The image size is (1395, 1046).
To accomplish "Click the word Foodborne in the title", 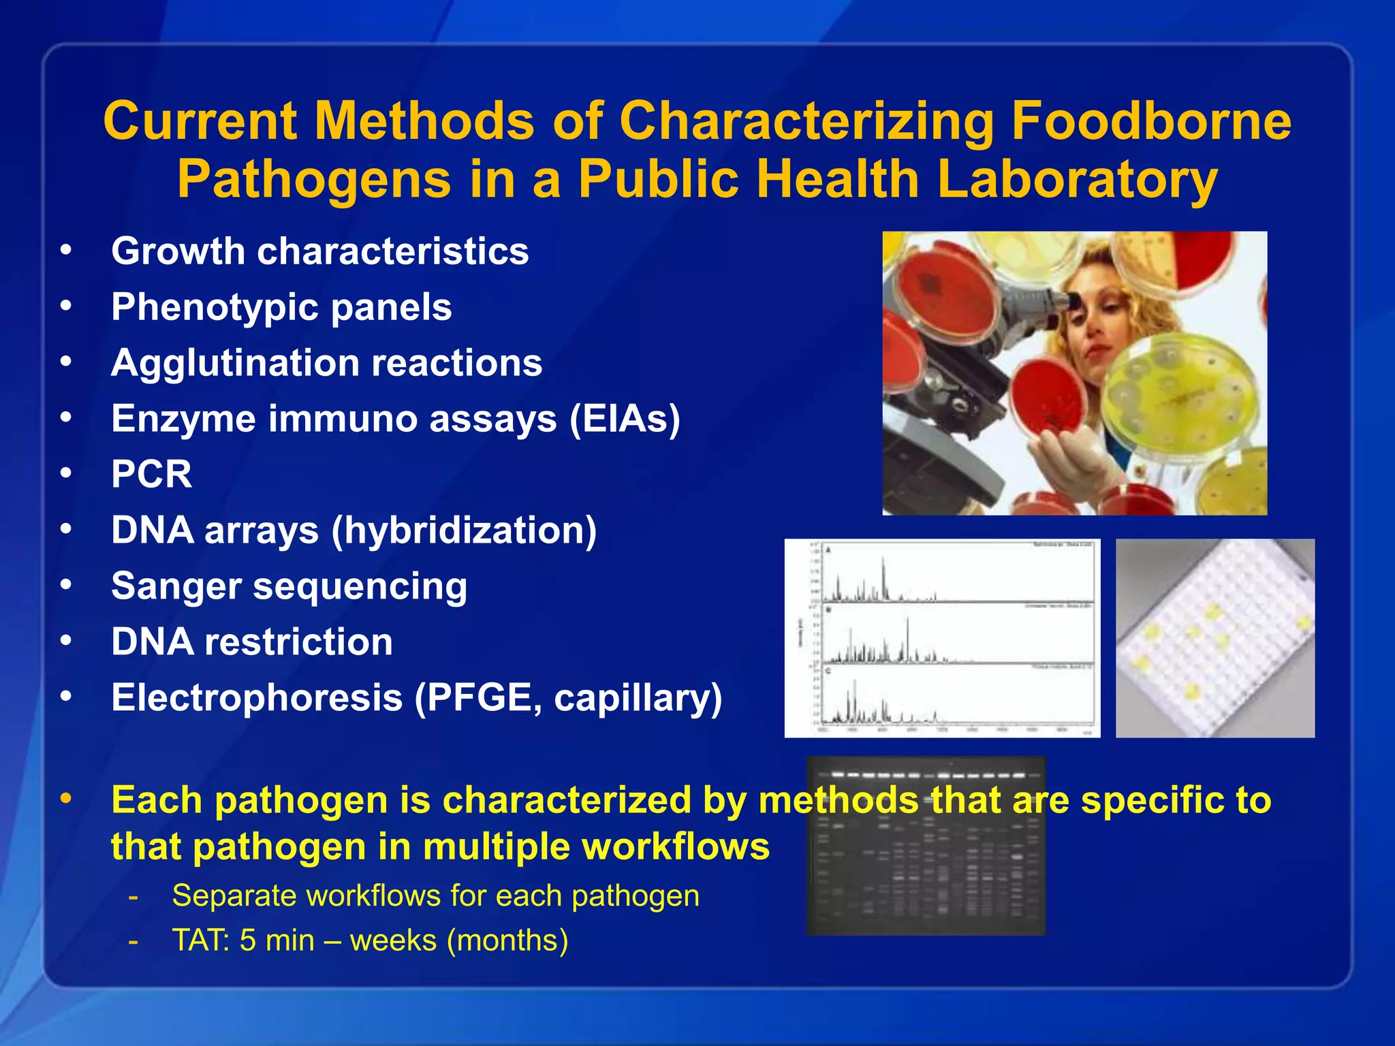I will point(1150,121).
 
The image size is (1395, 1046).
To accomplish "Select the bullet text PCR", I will point(151,474).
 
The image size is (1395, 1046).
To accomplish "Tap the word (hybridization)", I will point(464,530).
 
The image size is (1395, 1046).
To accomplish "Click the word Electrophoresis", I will point(257,697).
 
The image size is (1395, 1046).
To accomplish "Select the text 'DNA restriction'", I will point(252,641).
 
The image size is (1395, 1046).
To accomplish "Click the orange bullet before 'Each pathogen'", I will point(66,798).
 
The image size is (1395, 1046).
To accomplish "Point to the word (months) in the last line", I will point(507,940).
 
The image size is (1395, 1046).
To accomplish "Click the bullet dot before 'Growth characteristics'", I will point(66,249).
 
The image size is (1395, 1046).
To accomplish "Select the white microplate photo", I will point(1214,638).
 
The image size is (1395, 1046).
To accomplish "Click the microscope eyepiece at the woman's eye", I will point(1075,300).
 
